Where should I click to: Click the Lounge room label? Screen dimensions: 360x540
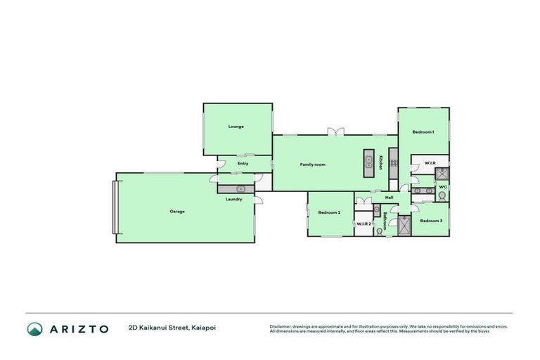[236, 127]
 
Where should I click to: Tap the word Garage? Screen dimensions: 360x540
[176, 211]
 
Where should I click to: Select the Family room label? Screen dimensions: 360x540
[312, 165]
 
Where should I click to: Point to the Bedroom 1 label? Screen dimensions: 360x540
[423, 132]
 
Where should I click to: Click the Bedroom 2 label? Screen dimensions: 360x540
[329, 212]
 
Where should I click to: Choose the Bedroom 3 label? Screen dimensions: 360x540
[431, 221]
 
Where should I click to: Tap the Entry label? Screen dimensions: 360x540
[243, 164]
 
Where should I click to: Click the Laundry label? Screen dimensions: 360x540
[234, 199]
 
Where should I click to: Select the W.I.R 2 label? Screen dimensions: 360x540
[363, 224]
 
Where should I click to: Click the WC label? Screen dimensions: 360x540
[443, 187]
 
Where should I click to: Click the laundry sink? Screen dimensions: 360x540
[240, 188]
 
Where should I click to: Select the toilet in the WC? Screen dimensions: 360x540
[443, 196]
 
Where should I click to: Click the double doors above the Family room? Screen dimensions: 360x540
[336, 131]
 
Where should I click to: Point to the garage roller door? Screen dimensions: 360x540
[115, 207]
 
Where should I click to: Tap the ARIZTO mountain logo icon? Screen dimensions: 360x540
[35, 328]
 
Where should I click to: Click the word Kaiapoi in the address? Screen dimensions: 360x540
[210, 327]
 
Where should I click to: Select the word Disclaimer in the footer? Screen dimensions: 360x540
[281, 326]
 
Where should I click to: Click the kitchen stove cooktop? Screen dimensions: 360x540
[394, 163]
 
